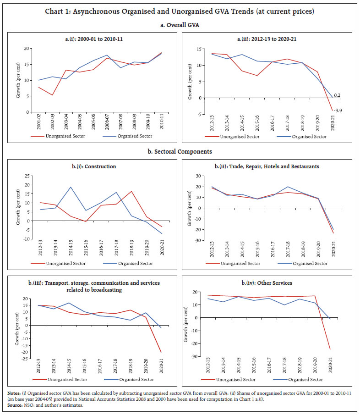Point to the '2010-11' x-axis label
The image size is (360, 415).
(162, 123)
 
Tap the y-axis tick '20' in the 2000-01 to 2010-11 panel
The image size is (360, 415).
(27, 48)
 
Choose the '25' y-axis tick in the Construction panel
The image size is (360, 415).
(27, 176)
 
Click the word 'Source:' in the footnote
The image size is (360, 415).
(14, 408)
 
